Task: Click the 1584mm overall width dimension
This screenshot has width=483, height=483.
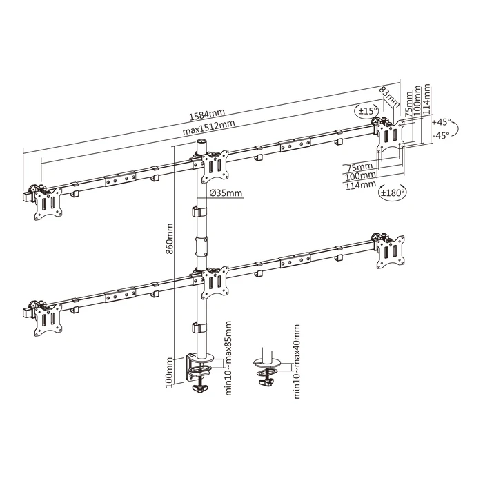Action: (x=206, y=113)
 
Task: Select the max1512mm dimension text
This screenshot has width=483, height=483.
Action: (x=209, y=129)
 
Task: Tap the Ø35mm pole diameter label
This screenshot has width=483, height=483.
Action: (x=225, y=193)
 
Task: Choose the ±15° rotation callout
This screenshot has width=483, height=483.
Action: (x=365, y=110)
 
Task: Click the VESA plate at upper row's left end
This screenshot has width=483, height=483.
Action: (x=47, y=203)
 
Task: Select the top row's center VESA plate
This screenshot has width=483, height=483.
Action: (x=214, y=166)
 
